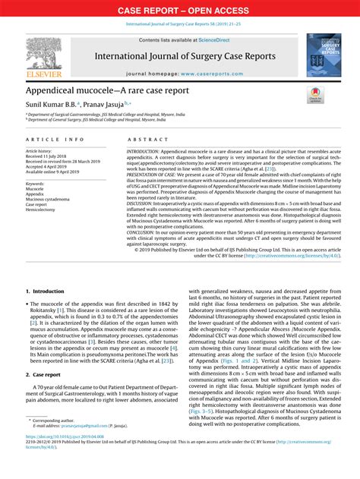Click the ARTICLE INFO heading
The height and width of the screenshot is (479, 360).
point(55,141)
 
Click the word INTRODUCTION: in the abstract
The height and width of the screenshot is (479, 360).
point(149,152)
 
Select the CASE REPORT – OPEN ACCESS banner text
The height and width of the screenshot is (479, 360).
point(179,10)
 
